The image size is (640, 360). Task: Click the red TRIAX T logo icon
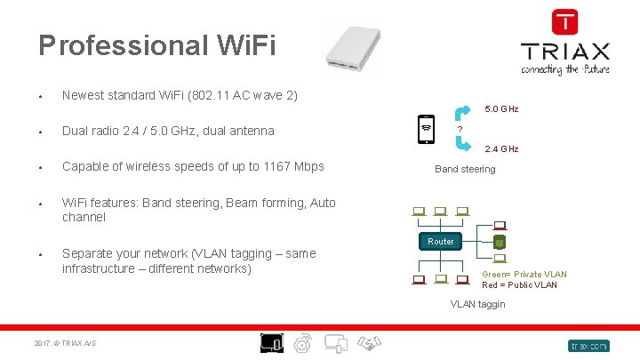tap(564, 21)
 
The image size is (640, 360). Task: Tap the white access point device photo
tap(355, 45)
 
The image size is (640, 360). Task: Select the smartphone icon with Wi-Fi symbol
tap(427, 130)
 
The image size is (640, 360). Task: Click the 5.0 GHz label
tap(500, 109)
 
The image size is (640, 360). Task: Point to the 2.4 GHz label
tap(500, 149)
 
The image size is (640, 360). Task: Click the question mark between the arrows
tap(459, 131)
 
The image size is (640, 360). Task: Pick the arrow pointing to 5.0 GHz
tap(464, 113)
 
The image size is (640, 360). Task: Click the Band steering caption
tap(465, 169)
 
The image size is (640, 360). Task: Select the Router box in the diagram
tap(440, 242)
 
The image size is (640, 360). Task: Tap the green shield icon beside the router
tap(500, 242)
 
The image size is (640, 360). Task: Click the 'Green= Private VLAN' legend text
tap(524, 275)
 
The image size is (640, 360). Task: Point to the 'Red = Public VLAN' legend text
tap(519, 285)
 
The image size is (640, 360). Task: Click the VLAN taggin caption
tap(477, 304)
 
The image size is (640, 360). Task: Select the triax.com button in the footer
tap(588, 345)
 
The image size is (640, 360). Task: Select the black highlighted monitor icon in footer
tap(271, 343)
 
